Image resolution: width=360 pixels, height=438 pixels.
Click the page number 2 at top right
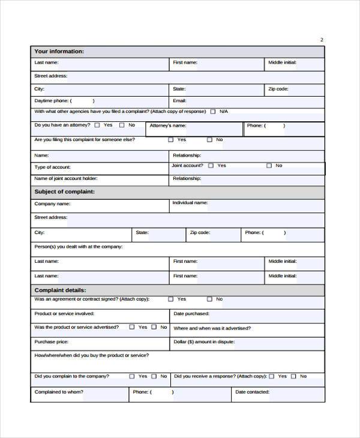tap(322, 40)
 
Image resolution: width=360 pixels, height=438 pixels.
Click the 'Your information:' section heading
tap(59, 52)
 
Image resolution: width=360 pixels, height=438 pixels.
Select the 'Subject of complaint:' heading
tap(64, 191)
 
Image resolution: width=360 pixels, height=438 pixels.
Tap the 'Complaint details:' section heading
tap(60, 289)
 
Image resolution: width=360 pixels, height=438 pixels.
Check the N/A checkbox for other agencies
tap(212, 112)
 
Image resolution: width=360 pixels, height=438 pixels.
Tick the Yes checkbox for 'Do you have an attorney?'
tap(98, 125)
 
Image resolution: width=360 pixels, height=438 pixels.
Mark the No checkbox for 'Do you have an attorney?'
tap(122, 125)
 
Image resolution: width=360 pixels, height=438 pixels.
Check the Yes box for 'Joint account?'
tap(211, 166)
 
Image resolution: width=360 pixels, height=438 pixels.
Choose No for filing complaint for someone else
tap(209, 140)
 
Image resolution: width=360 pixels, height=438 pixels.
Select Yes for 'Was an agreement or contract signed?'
tap(171, 299)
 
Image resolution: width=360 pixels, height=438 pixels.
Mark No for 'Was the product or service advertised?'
tap(154, 327)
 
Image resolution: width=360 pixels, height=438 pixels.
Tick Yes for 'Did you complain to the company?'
tap(132, 376)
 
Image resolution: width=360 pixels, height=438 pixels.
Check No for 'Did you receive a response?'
tap(293, 376)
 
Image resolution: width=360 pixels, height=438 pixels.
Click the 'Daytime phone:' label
tap(52, 101)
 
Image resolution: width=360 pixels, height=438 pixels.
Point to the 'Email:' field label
tap(179, 101)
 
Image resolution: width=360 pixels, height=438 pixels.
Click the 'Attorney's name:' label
tap(168, 126)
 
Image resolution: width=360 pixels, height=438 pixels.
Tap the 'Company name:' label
tap(53, 204)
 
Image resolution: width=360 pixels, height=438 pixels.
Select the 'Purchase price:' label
tap(51, 341)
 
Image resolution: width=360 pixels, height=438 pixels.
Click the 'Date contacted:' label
tap(252, 392)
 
